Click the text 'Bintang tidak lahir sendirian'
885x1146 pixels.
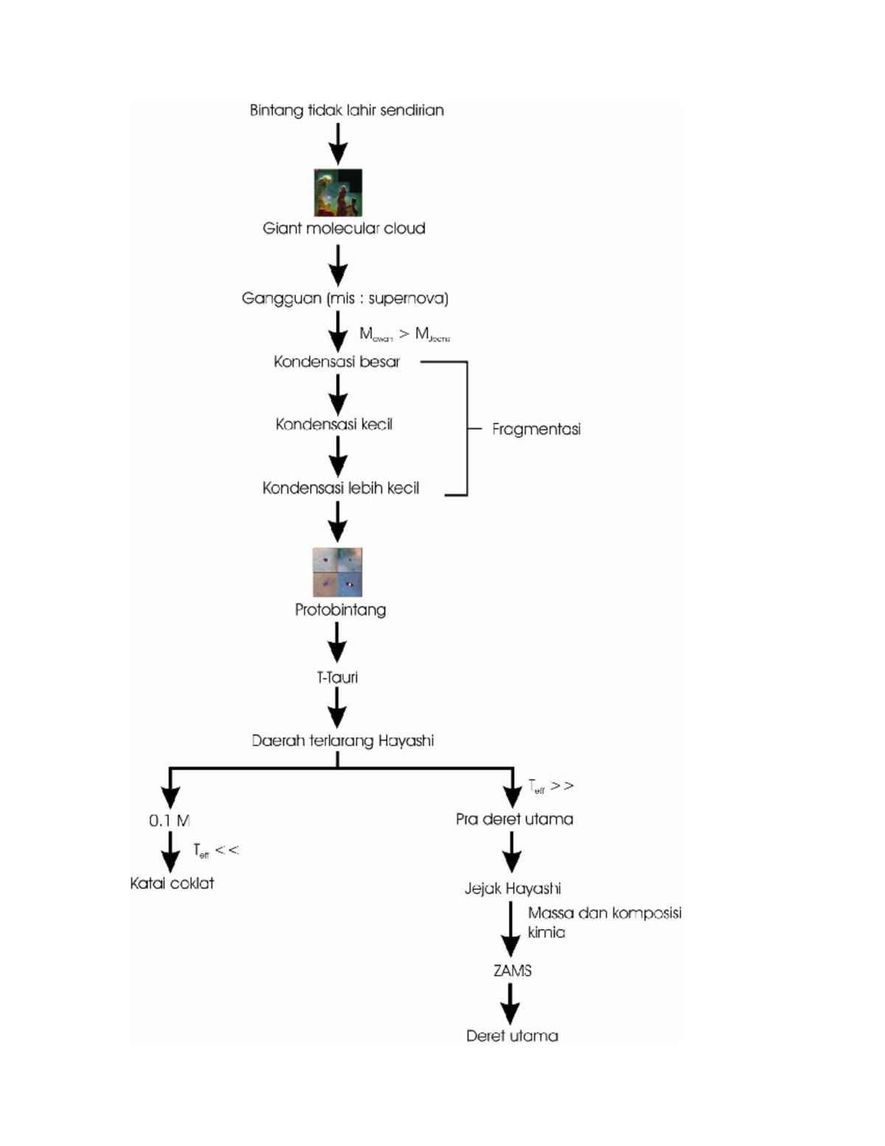pos(347,111)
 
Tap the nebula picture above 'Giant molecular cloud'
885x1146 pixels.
pos(338,193)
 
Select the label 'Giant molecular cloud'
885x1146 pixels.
pos(344,229)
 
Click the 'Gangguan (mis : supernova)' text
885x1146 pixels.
pos(345,299)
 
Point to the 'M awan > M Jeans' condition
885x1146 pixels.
pos(404,335)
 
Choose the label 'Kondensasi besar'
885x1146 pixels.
pos(336,362)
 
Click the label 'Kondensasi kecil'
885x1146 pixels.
pos(334,424)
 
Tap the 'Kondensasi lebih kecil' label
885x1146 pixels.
pos(341,489)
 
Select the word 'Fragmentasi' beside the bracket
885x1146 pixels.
pos(536,429)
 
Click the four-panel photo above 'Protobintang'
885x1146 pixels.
pos(337,572)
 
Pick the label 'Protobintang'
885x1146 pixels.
pos(340,610)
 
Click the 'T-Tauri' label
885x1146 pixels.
pos(337,677)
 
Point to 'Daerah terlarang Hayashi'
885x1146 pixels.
pos(342,741)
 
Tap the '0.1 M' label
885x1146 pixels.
pos(170,821)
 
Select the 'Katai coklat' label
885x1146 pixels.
pos(172,883)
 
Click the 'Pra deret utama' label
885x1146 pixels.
pos(514,819)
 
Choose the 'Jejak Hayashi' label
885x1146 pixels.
pos(513,888)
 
